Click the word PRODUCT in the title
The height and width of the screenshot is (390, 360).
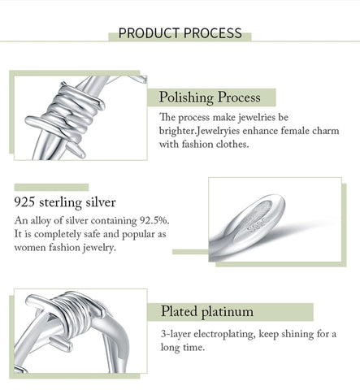click(150, 33)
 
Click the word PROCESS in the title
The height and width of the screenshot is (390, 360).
click(213, 33)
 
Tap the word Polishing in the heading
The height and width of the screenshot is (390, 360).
click(186, 97)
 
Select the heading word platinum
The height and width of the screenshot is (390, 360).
click(228, 312)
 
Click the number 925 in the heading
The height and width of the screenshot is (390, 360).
click(24, 202)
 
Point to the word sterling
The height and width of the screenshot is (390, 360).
click(60, 203)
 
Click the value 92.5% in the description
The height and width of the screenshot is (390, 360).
click(154, 220)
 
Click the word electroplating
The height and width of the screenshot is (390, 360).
click(224, 334)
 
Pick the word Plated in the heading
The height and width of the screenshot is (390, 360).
click(179, 311)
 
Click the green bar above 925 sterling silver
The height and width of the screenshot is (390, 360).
click(51, 188)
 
